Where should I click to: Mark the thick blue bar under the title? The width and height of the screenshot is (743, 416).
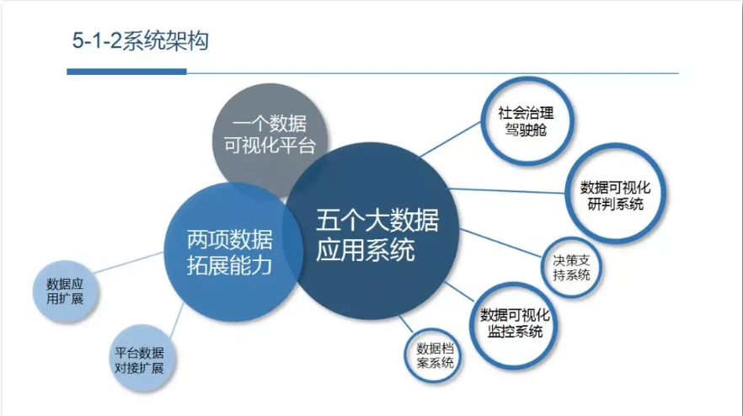click(x=126, y=72)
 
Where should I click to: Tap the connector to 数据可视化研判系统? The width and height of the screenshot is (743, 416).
click(x=514, y=190)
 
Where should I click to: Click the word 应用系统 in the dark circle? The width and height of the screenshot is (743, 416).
click(x=366, y=251)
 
